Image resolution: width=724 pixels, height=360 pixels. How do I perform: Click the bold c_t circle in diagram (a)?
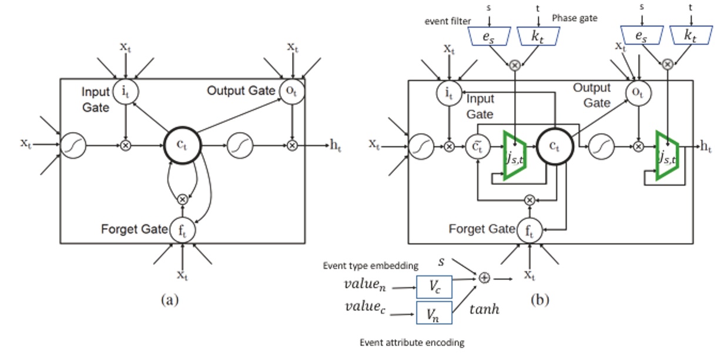[x=182, y=144]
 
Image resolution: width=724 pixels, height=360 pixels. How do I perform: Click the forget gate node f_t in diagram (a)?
[x=182, y=230]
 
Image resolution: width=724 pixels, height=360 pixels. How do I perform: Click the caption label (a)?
[x=169, y=300]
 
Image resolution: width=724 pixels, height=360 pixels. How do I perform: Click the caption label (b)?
[x=541, y=300]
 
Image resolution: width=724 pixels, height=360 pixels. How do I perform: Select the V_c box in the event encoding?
[x=434, y=287]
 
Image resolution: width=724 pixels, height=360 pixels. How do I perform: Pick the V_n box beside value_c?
[x=434, y=312]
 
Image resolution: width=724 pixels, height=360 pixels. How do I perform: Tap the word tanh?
[x=485, y=308]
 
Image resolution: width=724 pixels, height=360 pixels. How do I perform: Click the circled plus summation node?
[x=485, y=278]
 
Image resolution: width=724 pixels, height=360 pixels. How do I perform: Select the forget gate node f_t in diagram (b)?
[x=529, y=230]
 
